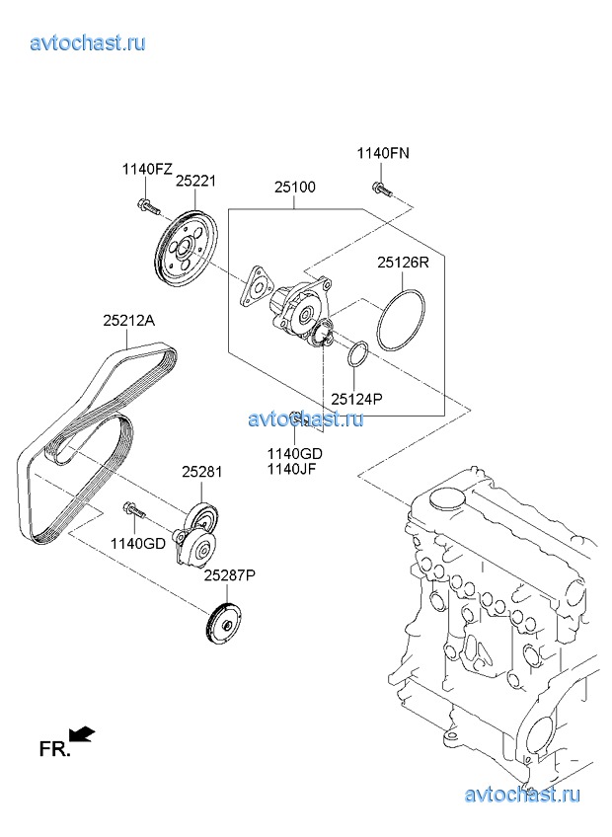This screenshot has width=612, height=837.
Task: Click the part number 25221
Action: click(196, 181)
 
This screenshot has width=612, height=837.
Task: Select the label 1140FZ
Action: click(147, 169)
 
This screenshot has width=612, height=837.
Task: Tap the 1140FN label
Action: click(383, 153)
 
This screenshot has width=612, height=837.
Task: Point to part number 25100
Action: click(295, 188)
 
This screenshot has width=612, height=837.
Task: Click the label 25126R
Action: click(403, 263)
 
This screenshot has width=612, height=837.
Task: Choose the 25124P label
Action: click(356, 399)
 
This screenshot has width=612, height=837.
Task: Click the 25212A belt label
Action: click(128, 320)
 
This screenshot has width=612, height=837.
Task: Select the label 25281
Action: click(202, 472)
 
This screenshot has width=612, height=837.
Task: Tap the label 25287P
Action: click(230, 574)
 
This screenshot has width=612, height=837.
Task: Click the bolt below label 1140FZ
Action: click(148, 206)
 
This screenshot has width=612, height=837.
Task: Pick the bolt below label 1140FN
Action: click(380, 189)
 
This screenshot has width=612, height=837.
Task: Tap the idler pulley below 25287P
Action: click(224, 624)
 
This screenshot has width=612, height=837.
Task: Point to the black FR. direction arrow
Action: click(82, 734)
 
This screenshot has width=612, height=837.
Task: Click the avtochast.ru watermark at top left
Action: click(88, 42)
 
